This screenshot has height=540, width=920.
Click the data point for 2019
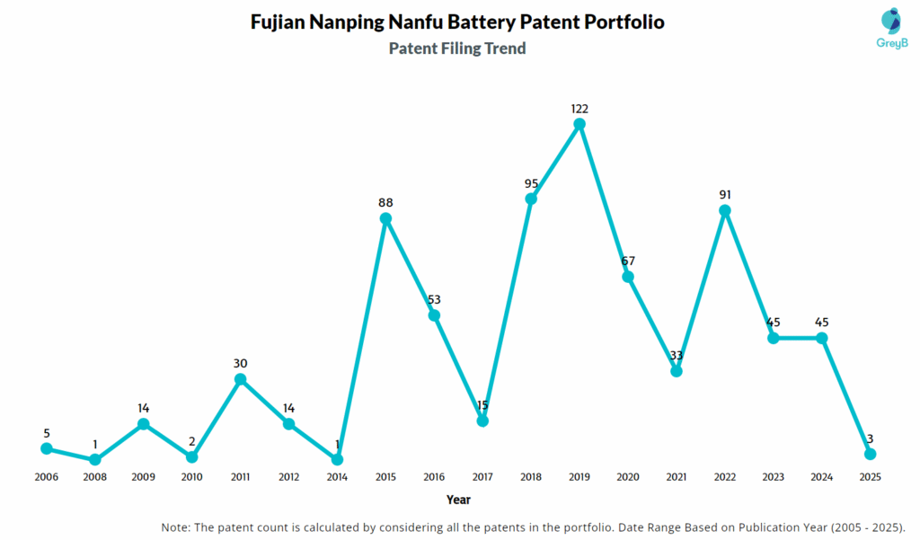579,124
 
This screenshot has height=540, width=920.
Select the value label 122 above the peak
579,109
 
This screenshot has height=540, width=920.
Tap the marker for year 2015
385,218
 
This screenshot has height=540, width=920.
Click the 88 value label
385,203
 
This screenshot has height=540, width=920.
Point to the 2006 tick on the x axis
46,476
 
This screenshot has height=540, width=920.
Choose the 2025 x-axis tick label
870,476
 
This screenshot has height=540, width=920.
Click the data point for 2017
482,420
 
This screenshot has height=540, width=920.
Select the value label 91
725,195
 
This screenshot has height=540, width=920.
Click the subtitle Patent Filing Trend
457,49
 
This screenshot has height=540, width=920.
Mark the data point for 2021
677,370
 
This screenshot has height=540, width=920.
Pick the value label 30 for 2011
240,364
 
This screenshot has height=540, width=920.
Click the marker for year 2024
821,338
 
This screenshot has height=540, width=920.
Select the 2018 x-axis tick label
531,476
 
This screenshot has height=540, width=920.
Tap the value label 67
628,261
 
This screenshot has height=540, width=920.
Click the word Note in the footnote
176,527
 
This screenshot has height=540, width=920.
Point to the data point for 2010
191,456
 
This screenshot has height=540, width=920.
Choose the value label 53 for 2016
434,300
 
